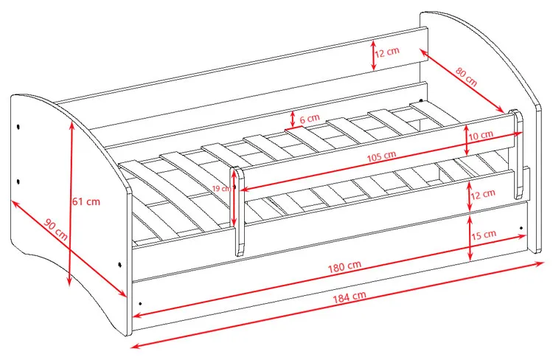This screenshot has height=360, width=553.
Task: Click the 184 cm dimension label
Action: click(x=349, y=297)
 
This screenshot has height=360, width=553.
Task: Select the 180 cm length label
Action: click(x=344, y=266)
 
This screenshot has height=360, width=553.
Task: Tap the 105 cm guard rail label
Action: click(x=381, y=156)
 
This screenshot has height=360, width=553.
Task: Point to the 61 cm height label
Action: click(x=86, y=201)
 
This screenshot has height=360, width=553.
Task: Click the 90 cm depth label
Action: click(x=56, y=229)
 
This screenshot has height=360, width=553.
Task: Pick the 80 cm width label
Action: click(x=466, y=77)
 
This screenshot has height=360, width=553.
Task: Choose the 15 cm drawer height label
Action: click(x=484, y=235)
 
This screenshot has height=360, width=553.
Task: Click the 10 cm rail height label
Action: click(x=481, y=135)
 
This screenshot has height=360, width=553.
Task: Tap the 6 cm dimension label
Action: click(x=310, y=119)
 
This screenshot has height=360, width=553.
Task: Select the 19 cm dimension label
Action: click(x=221, y=188)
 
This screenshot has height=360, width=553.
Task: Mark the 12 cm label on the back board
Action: click(x=387, y=52)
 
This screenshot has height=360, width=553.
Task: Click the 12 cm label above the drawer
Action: click(x=483, y=194)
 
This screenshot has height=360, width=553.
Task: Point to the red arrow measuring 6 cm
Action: click(x=293, y=120)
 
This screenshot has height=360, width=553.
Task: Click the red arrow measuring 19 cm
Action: click(x=234, y=198)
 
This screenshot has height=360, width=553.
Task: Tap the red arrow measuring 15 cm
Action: click(x=470, y=238)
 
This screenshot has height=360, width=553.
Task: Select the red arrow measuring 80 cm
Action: click(x=462, y=80)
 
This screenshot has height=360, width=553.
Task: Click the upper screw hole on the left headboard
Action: click(x=18, y=126)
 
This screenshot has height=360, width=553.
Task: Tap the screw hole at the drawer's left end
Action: click(x=140, y=303)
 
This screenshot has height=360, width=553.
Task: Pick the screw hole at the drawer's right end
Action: click(x=521, y=229)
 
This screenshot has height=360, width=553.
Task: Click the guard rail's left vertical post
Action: click(x=240, y=211)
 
